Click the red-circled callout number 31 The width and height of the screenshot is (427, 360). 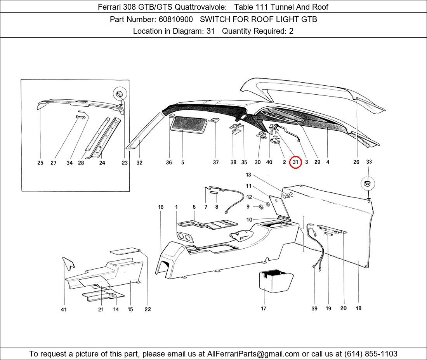coord(295,163)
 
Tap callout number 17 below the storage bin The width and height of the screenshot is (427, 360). coord(263,308)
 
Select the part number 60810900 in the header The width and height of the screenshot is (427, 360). coord(175,19)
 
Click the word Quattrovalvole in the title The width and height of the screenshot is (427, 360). coord(200,7)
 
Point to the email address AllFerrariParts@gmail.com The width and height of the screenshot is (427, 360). coord(253,354)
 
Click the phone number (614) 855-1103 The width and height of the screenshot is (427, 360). coord(371,354)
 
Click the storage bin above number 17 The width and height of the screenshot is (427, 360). coord(276,281)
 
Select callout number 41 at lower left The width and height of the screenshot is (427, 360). coord(64,310)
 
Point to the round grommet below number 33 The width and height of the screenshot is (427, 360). coord(368,183)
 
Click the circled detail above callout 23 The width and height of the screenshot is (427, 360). coord(120,94)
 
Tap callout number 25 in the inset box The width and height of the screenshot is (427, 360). coord(40,163)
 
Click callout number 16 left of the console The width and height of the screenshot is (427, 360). coord(161,207)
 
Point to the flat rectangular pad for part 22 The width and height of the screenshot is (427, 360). coord(125,251)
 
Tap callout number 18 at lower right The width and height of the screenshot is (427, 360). coord(359,308)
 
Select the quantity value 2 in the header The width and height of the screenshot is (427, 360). coord(291,31)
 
